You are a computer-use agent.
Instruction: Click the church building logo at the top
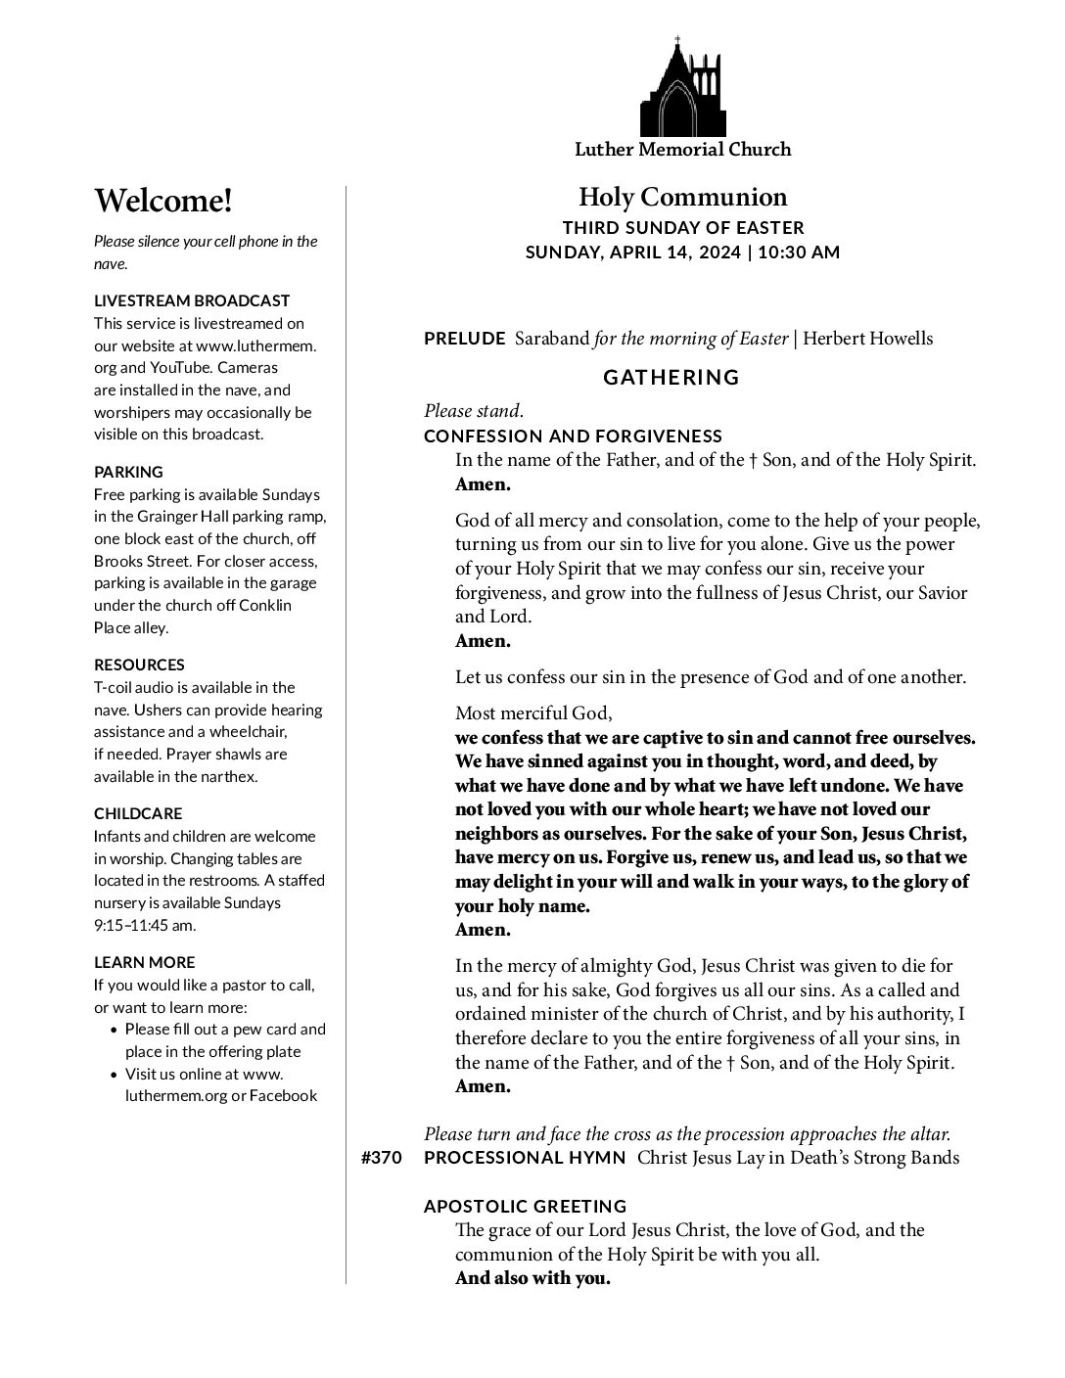click(682, 90)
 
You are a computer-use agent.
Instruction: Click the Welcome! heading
click(163, 202)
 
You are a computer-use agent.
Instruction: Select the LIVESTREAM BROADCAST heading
click(192, 300)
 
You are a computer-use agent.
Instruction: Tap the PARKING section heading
click(128, 472)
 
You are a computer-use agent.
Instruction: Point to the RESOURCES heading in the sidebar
click(139, 665)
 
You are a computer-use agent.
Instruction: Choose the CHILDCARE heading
click(138, 813)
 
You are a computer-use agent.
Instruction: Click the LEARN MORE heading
click(144, 962)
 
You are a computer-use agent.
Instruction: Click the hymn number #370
click(382, 1158)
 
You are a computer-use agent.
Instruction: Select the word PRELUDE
click(465, 339)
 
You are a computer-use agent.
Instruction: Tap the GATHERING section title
click(671, 378)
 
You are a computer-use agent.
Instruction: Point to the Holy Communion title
click(682, 197)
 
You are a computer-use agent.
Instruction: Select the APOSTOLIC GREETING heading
click(526, 1206)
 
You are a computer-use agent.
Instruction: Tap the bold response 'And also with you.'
click(532, 1278)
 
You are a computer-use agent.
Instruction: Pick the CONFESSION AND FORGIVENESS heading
click(573, 436)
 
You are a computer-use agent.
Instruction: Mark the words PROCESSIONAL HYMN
click(525, 1158)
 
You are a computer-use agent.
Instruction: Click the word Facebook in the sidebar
click(283, 1095)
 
